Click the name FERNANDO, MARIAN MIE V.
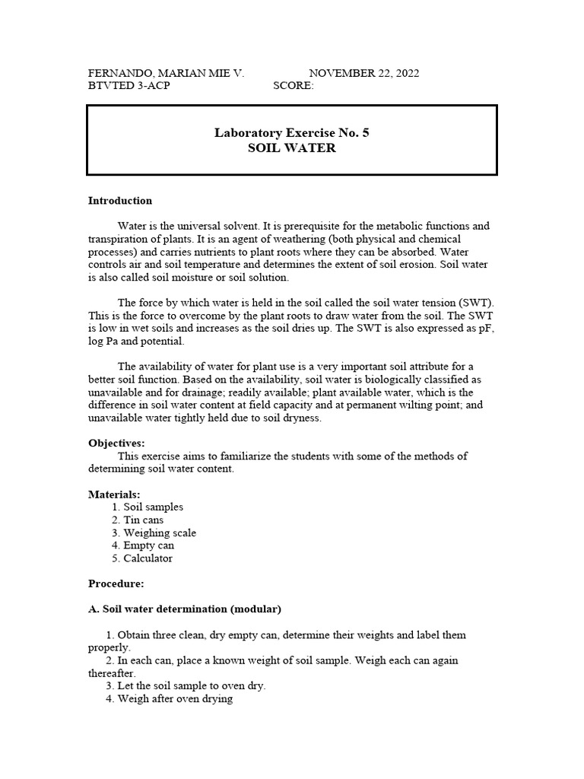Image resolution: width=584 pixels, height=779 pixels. pyautogui.click(x=166, y=73)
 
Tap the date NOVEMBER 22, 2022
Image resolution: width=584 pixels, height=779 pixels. pyautogui.click(x=363, y=73)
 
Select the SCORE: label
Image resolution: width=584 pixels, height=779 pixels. pyautogui.click(x=293, y=86)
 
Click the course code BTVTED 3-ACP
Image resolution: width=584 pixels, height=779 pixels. pyautogui.click(x=129, y=86)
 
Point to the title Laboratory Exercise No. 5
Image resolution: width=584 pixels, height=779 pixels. pyautogui.click(x=292, y=132)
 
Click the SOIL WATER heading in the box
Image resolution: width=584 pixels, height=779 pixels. pyautogui.click(x=292, y=148)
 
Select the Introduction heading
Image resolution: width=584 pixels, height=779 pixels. pyautogui.click(x=120, y=201)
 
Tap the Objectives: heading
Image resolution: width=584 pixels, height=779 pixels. pyautogui.click(x=116, y=443)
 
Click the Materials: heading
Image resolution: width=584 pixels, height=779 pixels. pyautogui.click(x=114, y=494)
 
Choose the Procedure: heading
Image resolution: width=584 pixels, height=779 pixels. pyautogui.click(x=116, y=584)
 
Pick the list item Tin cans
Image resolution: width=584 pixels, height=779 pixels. pyautogui.click(x=143, y=520)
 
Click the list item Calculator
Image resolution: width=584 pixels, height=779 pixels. pyautogui.click(x=148, y=558)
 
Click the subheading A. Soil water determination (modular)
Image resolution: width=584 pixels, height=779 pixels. pyautogui.click(x=185, y=609)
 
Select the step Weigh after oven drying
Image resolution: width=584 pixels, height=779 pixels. pyautogui.click(x=175, y=698)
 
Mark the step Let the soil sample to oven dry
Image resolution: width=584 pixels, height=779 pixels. pyautogui.click(x=191, y=685)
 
